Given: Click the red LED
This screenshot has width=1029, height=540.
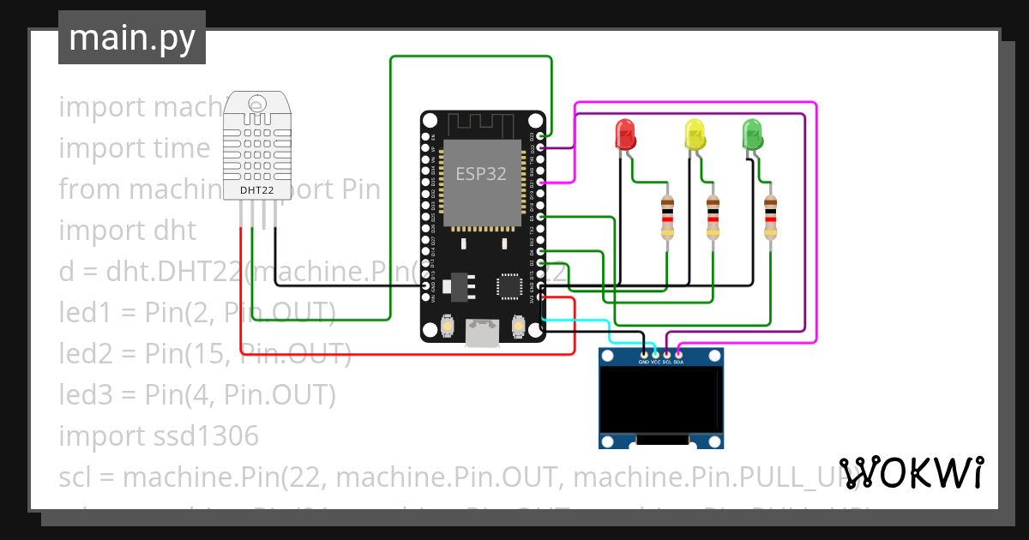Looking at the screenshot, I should (626, 135).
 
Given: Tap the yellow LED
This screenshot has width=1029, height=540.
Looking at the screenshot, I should (694, 135).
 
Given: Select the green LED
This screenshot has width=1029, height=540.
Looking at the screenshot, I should (752, 135).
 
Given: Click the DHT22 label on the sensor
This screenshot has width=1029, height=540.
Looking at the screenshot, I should (256, 190).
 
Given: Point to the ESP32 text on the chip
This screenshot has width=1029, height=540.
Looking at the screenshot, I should (480, 173).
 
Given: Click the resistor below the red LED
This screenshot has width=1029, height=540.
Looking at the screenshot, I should (668, 218).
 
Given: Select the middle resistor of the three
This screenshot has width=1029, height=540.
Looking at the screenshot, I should (713, 218).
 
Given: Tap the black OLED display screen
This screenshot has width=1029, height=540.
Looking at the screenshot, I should (660, 400).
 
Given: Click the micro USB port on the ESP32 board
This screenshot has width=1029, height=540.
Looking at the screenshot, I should (483, 333).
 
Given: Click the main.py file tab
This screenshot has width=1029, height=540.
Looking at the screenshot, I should (132, 38).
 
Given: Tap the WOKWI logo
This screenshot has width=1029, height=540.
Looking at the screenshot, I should (911, 472).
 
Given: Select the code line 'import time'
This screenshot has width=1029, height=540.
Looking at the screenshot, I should (134, 148).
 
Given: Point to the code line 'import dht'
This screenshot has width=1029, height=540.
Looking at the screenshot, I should (127, 231).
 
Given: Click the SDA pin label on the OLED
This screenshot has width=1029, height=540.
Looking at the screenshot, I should (678, 362).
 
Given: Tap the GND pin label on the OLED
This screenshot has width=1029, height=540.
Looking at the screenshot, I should (644, 362).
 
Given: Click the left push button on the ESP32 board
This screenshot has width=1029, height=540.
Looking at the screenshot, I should (446, 326).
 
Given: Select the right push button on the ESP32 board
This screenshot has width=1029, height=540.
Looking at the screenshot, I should (519, 326).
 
